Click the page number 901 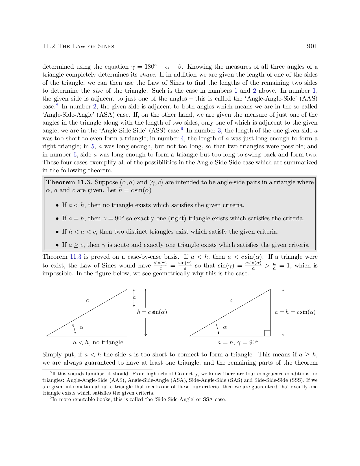(x=312, y=46)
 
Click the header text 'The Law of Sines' (x=86, y=47)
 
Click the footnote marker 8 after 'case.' (x=57, y=105)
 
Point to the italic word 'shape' (x=148, y=75)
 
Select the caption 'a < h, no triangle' (x=98, y=343)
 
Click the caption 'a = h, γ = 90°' (x=238, y=343)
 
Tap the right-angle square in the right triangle (x=267, y=333)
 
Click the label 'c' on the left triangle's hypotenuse (x=88, y=300)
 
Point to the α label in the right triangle (x=225, y=327)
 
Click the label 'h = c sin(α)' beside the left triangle (x=152, y=312)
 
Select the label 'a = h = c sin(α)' (x=295, y=312)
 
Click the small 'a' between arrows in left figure (x=134, y=297)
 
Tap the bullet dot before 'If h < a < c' (x=57, y=232)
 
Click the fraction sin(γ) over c (x=160, y=265)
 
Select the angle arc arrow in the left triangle (x=74, y=328)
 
